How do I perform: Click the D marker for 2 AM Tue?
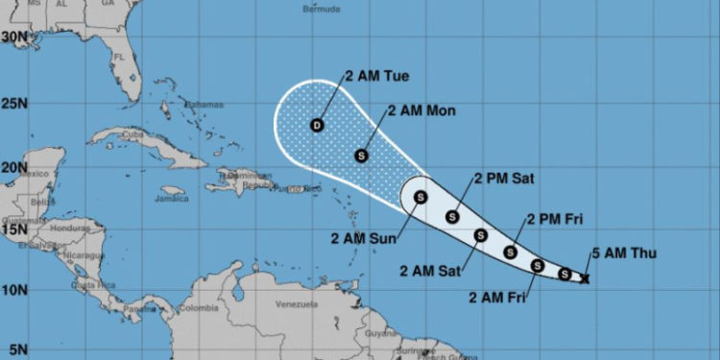tap(317, 125)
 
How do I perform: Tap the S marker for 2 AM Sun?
tap(420, 198)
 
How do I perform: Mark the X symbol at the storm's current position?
tap(586, 278)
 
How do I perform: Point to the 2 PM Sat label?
tap(503, 179)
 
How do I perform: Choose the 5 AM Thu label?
tap(623, 253)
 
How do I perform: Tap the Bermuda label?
tap(321, 9)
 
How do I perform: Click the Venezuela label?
tap(296, 305)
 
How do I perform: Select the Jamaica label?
tap(171, 200)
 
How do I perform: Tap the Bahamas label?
tap(203, 106)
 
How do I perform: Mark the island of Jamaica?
tap(173, 191)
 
